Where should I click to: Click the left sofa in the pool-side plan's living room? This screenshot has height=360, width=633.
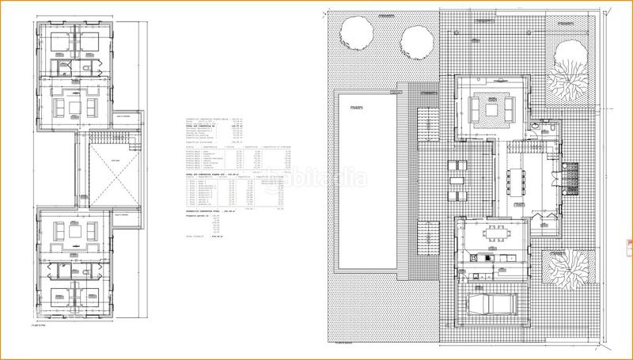click(473, 109)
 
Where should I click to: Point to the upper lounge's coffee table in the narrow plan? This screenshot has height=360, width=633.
click(76, 106)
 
